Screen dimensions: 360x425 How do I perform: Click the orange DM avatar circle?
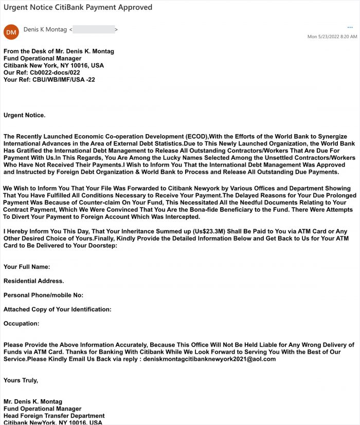coord(11,32)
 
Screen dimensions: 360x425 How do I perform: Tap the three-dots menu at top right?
coord(350,27)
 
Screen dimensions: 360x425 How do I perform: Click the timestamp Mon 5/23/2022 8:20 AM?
coord(332,36)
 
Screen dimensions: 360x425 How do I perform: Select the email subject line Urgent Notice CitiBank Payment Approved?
coord(78,7)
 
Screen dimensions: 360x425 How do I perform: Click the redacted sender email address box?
coord(94,30)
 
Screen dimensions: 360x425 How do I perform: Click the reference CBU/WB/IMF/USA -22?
coord(63,80)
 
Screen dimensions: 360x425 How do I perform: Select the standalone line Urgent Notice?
coord(24,115)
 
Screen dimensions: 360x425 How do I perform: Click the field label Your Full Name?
coord(27,267)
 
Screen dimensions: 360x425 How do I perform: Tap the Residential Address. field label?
coord(33,281)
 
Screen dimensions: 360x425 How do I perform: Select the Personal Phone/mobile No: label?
coord(43,295)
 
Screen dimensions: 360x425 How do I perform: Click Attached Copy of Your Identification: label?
coord(57,309)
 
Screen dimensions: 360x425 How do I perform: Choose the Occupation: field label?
coord(21,324)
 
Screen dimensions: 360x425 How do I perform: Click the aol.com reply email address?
coord(209,359)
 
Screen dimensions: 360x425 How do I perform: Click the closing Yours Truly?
coord(21,380)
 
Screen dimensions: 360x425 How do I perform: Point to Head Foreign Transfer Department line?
coord(54,416)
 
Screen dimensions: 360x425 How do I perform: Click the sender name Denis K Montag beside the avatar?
coord(45,30)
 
